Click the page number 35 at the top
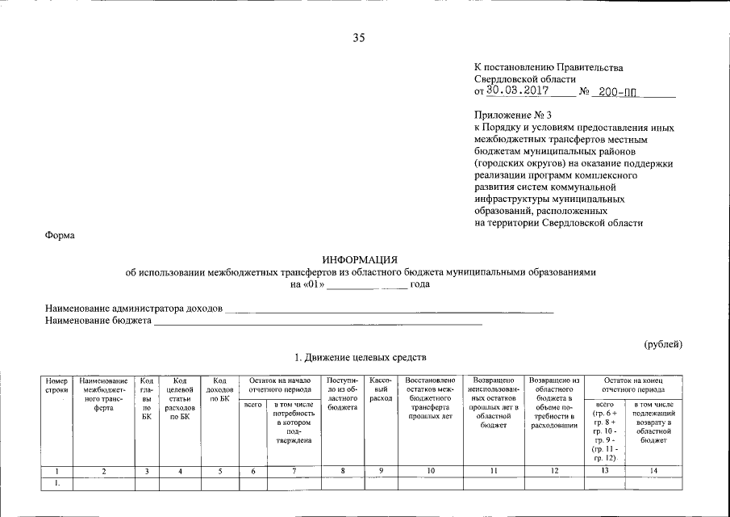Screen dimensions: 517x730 pos(359,37)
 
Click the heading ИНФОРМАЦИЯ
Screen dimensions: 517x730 pos(360,259)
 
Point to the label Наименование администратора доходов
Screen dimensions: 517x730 pos(133,308)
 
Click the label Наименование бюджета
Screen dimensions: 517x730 pos(98,321)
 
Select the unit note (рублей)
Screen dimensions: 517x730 pos(663,344)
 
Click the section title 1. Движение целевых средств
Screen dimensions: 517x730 pos(360,357)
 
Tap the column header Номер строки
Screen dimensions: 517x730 pos(56,385)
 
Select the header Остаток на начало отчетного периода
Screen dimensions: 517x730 pos(280,385)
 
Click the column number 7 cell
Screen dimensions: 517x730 pos(294,471)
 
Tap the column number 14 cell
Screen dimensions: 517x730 pos(653,471)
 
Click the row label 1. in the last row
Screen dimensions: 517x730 pos(56,483)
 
